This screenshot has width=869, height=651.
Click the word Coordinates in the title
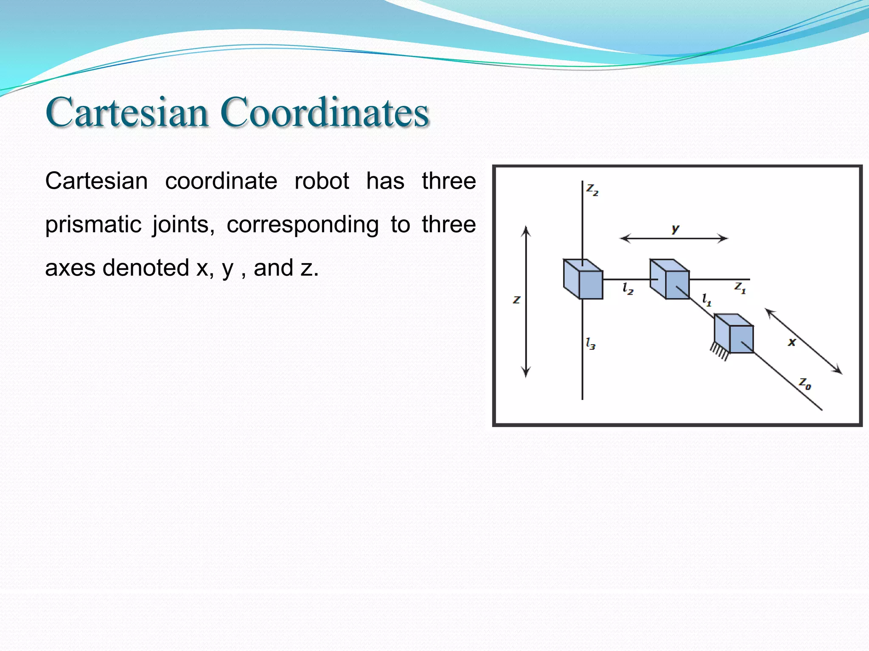point(325,112)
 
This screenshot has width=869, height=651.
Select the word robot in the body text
point(322,181)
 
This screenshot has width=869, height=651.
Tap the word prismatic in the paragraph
point(93,225)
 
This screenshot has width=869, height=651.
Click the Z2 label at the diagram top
point(592,189)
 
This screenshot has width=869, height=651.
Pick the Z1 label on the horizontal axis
point(740,288)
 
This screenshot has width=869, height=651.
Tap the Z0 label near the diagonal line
point(805,384)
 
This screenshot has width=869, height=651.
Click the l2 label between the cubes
point(628,289)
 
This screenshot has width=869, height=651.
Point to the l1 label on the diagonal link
point(706,300)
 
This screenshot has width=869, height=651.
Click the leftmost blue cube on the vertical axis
point(583,280)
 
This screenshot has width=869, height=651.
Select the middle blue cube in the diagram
point(670,280)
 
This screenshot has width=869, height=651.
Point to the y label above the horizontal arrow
point(675,229)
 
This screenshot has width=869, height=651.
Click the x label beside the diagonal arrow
point(792,342)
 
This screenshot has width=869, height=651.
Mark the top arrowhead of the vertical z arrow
point(526,231)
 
